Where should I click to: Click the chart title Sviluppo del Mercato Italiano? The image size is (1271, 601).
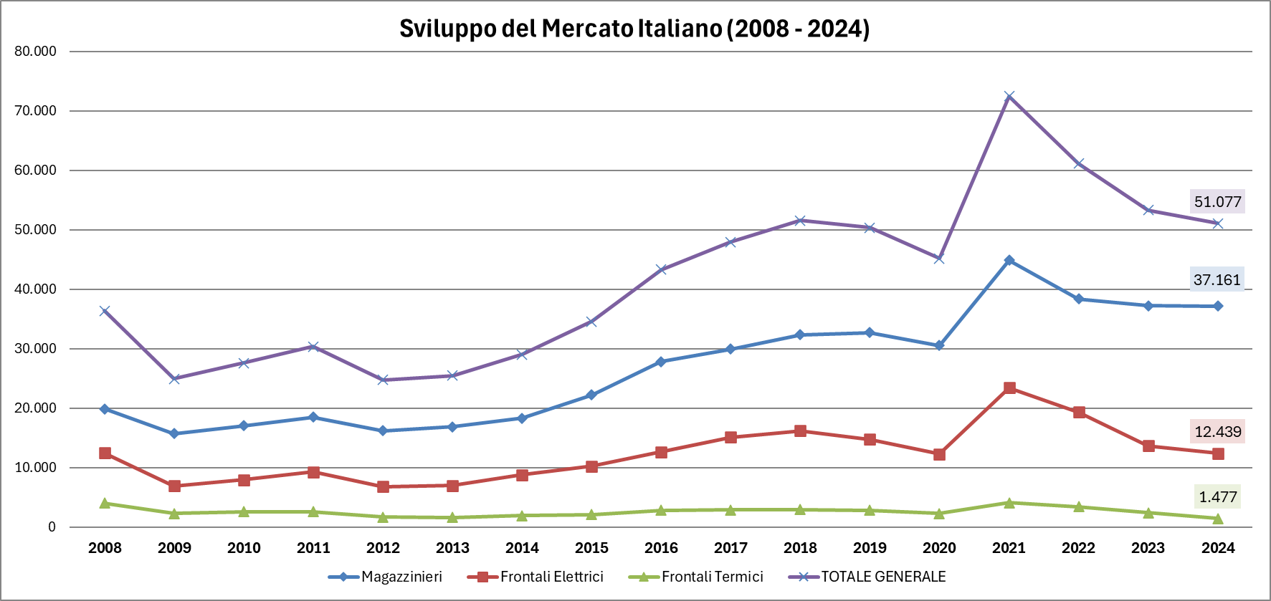pyautogui.click(x=634, y=29)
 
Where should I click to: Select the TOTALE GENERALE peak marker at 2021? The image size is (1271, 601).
pyautogui.click(x=1009, y=97)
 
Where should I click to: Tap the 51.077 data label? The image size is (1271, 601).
pyautogui.click(x=1217, y=202)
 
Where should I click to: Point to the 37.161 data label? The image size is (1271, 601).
pyautogui.click(x=1217, y=280)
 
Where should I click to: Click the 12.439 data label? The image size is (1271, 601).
pyautogui.click(x=1217, y=432)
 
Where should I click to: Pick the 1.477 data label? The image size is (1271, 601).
pyautogui.click(x=1217, y=497)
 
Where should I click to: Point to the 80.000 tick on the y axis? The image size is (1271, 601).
pyautogui.click(x=35, y=52)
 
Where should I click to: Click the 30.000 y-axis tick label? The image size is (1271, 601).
pyautogui.click(x=35, y=349)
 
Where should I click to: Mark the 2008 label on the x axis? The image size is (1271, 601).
pyautogui.click(x=105, y=548)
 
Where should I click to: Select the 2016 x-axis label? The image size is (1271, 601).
pyautogui.click(x=661, y=548)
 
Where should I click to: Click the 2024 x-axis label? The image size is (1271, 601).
pyautogui.click(x=1217, y=548)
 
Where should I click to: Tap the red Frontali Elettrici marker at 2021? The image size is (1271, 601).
pyautogui.click(x=1009, y=388)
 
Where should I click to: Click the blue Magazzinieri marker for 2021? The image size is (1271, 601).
pyautogui.click(x=1009, y=261)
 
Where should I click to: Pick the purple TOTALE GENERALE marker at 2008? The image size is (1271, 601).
pyautogui.click(x=105, y=311)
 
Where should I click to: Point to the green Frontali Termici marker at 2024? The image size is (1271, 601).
pyautogui.click(x=1217, y=519)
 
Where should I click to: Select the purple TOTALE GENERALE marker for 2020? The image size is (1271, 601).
pyautogui.click(x=939, y=259)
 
